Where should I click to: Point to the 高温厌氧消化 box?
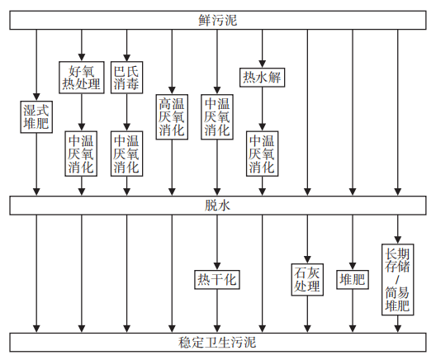tap(172, 118)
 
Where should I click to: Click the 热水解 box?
tap(262, 78)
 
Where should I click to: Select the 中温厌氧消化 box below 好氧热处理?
tap(81, 154)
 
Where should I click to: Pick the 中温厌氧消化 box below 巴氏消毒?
tap(126, 154)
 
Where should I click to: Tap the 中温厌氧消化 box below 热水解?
tap(262, 154)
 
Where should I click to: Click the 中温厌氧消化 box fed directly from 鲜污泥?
tap(217, 118)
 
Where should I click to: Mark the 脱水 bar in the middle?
tap(218, 206)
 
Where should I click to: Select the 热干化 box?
tap(217, 279)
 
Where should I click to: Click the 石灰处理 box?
tap(307, 280)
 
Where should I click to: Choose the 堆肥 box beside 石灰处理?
tap(353, 280)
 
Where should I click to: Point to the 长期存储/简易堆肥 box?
tap(397, 280)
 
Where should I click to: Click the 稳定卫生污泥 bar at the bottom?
tap(218, 342)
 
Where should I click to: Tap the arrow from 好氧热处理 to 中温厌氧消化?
tap(81, 114)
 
